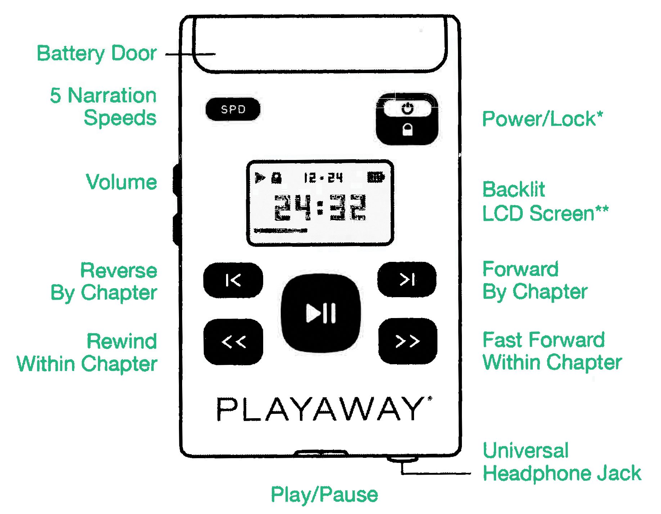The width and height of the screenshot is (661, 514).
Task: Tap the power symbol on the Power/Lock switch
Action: click(408, 108)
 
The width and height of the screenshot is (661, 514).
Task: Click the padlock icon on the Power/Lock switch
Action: click(408, 129)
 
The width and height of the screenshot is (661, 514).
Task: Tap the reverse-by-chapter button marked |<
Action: click(233, 280)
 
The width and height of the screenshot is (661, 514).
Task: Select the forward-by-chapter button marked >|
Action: click(407, 280)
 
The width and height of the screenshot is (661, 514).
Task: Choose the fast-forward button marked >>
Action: click(408, 341)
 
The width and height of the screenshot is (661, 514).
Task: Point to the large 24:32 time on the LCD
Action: click(320, 207)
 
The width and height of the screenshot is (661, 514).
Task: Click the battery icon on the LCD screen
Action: click(376, 177)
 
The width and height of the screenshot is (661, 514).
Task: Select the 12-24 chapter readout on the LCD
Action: click(323, 178)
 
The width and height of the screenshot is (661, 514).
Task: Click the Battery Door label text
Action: click(96, 54)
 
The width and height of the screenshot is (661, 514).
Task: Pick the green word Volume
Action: click(121, 182)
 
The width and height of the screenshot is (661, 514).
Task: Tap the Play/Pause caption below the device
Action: click(324, 495)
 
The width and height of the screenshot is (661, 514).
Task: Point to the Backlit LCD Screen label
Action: click(545, 201)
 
